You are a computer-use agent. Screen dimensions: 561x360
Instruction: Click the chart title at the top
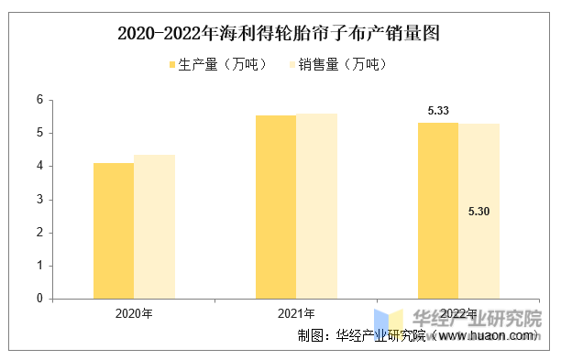pyautogui.click(x=279, y=34)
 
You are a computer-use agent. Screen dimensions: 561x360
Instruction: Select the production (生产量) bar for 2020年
pyautogui.click(x=114, y=231)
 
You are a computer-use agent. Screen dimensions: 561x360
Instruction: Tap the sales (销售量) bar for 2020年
pyautogui.click(x=155, y=226)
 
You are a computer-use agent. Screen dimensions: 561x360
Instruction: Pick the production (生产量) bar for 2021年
pyautogui.click(x=276, y=207)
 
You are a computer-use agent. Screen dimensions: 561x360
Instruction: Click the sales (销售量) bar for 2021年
pyautogui.click(x=316, y=206)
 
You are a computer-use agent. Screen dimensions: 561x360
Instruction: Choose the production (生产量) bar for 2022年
pyautogui.click(x=438, y=211)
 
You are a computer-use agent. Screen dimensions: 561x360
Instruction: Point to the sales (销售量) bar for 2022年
pyautogui.click(x=479, y=212)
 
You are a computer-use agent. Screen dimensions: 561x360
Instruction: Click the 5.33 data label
pyautogui.click(x=438, y=111)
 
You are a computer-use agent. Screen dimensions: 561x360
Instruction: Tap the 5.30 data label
pyautogui.click(x=478, y=212)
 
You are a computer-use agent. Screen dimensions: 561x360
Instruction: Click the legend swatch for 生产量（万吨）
pyautogui.click(x=172, y=65)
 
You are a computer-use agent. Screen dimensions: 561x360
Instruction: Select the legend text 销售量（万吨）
pyautogui.click(x=343, y=65)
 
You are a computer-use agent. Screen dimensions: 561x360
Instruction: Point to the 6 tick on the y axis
pyautogui.click(x=39, y=100)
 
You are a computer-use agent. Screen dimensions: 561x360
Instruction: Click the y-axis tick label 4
pyautogui.click(x=39, y=166)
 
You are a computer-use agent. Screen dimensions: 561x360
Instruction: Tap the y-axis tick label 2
pyautogui.click(x=39, y=233)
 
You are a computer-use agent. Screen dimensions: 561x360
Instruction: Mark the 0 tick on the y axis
pyautogui.click(x=39, y=299)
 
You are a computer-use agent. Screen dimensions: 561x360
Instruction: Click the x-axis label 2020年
pyautogui.click(x=134, y=313)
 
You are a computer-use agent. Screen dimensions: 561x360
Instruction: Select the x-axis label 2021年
pyautogui.click(x=296, y=313)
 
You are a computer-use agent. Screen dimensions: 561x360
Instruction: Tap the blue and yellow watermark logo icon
pyautogui.click(x=389, y=324)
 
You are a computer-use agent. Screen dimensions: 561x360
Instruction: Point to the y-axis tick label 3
pyautogui.click(x=39, y=200)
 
